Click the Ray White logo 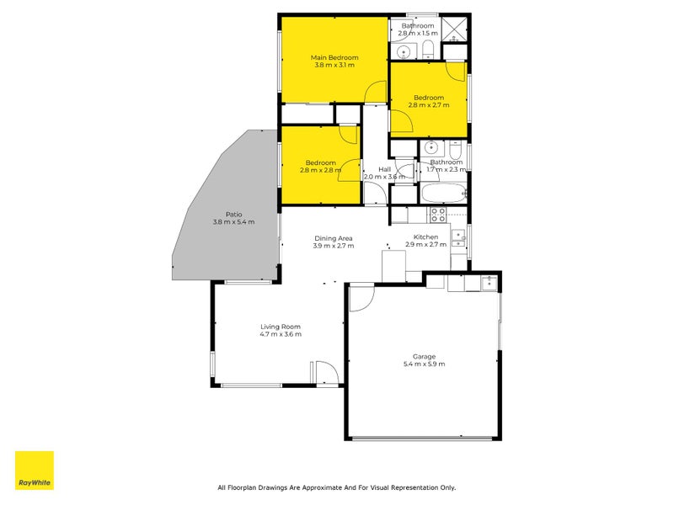[35, 470]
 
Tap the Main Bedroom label [334, 57]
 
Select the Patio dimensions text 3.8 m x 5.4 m [233, 222]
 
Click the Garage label [424, 356]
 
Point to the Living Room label [280, 327]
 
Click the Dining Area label [334, 237]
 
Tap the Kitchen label [425, 237]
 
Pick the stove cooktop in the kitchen [459, 238]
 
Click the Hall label [384, 169]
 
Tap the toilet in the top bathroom [428, 46]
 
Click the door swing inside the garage [361, 297]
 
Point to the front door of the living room [324, 374]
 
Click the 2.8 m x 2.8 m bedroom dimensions [320, 170]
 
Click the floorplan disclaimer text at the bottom [336, 487]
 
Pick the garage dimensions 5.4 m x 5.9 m [424, 364]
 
